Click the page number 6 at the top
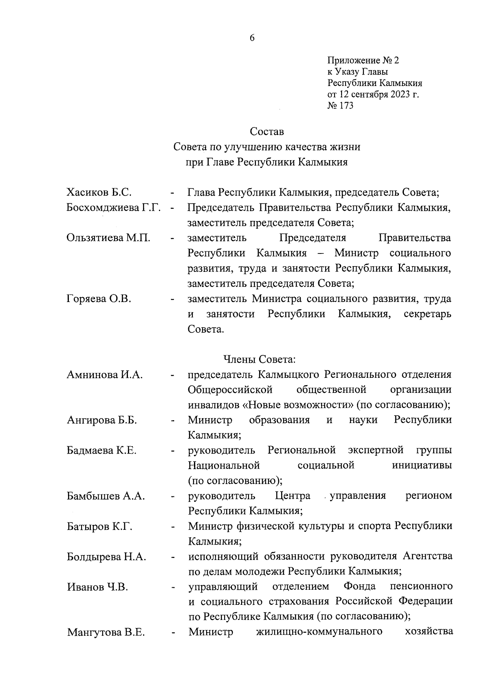click(251, 38)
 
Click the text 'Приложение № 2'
click(363, 61)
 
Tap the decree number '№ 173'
click(340, 106)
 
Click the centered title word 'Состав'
click(267, 132)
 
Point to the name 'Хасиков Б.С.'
click(99, 192)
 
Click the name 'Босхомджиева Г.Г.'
click(113, 207)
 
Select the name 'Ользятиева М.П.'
click(108, 238)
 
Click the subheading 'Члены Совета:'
click(259, 359)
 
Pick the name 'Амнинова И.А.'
click(104, 375)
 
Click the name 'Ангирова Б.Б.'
click(101, 420)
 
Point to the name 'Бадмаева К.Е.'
click(101, 451)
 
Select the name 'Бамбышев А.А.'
click(106, 496)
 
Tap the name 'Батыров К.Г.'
click(99, 527)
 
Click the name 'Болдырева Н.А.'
click(106, 557)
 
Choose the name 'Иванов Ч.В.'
click(97, 587)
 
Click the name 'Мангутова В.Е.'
click(106, 633)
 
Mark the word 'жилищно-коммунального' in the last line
click(319, 632)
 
